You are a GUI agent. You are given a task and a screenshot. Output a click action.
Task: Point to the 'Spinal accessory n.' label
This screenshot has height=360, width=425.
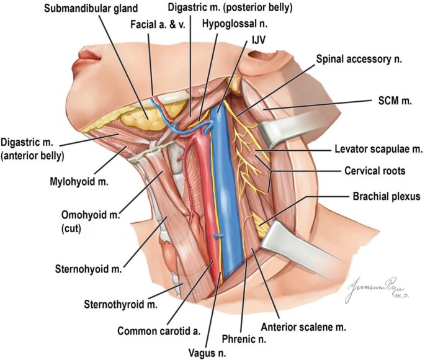click(359, 60)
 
